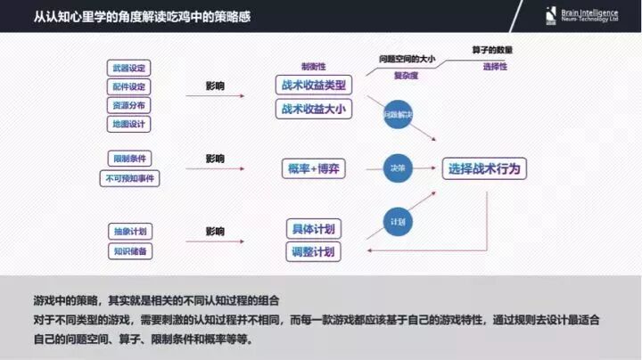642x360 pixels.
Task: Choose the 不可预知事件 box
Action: (130, 178)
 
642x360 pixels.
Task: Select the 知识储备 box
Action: (130, 251)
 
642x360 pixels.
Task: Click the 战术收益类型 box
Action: (313, 86)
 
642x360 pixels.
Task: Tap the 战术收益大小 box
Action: (313, 109)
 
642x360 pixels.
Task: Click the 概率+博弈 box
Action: (314, 168)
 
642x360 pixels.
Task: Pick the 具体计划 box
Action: (314, 229)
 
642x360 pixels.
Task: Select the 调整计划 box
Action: (314, 252)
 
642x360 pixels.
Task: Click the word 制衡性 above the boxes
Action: (313, 66)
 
